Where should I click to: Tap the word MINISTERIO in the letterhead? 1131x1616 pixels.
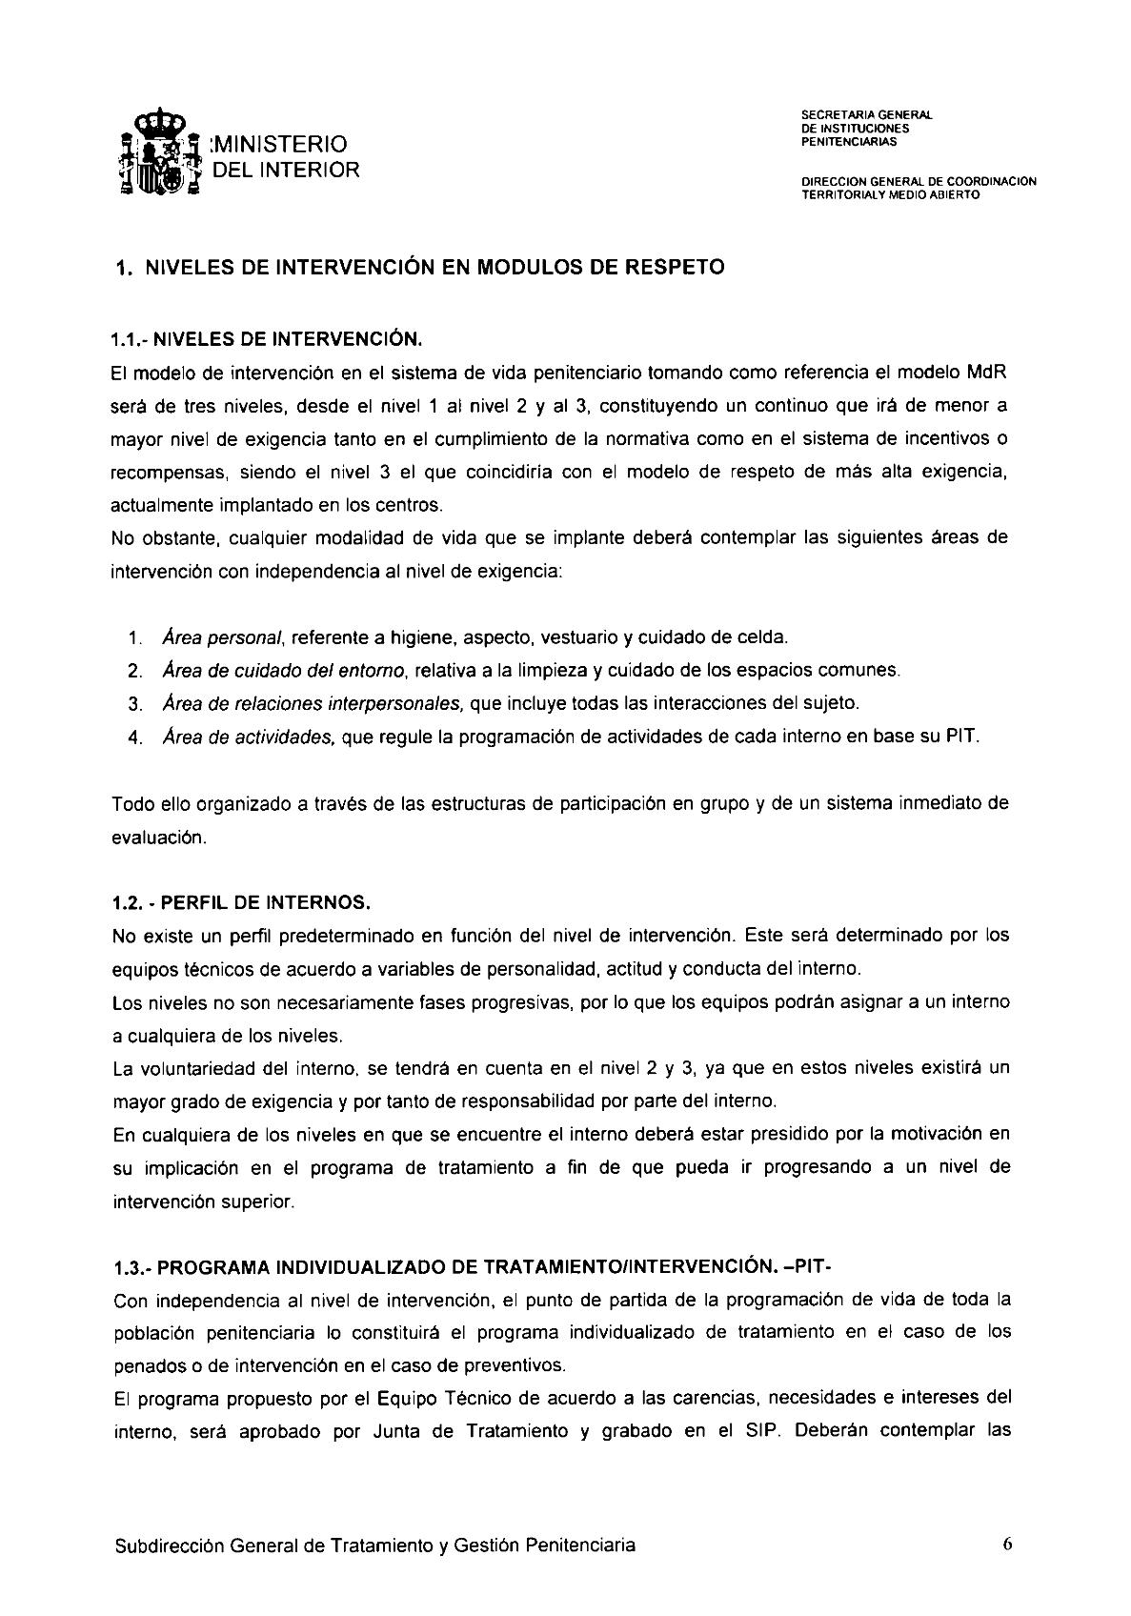[x=278, y=144]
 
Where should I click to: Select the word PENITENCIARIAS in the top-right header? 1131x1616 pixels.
[x=849, y=142]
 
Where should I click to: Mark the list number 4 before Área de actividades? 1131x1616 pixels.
[x=134, y=738]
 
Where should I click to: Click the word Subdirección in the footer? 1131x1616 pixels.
[x=167, y=1545]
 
